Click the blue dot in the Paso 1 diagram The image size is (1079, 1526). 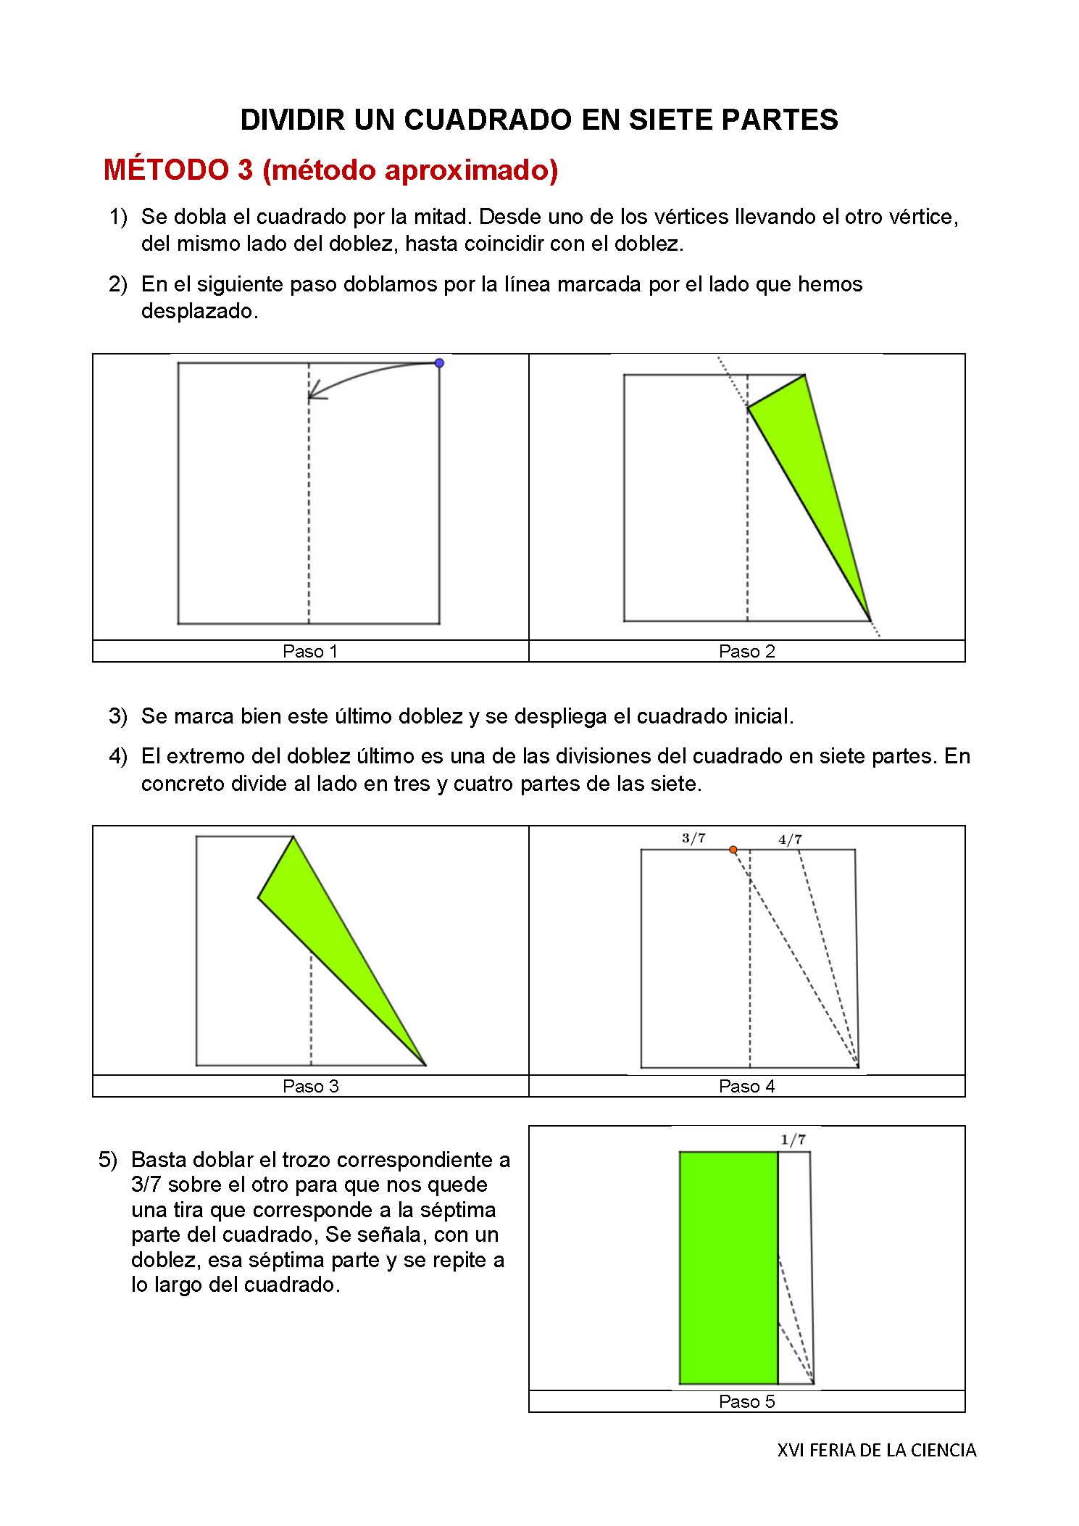pos(438,363)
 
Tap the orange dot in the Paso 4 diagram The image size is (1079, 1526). pos(733,850)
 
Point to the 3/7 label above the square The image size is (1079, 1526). pos(693,838)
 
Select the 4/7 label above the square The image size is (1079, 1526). pos(790,839)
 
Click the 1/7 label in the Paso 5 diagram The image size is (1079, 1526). pos(793,1140)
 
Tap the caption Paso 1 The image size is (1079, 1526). pos(310,651)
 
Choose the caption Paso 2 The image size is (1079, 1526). pos(746,651)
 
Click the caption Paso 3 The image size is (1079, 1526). pos(310,1086)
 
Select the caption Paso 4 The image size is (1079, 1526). pos(746,1086)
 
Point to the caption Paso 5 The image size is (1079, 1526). pos(746,1401)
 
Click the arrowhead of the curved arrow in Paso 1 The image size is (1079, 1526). pos(313,396)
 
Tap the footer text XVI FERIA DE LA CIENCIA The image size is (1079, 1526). pos(876,1450)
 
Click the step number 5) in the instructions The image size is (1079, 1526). pos(108,1160)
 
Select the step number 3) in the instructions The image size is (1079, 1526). pos(118,716)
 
